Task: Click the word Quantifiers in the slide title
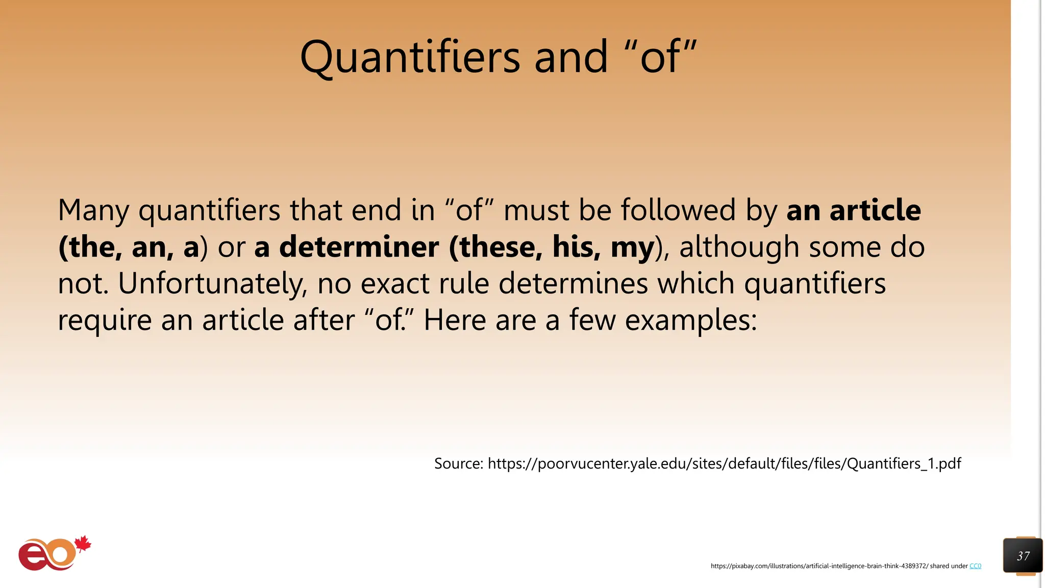pos(410,57)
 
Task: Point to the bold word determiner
pos(359,247)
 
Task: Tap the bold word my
pos(632,248)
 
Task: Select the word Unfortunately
pos(213,284)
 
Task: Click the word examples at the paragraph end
pos(691,321)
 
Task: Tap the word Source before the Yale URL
pos(458,463)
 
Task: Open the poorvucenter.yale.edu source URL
pos(724,463)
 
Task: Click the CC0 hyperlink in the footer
pos(975,566)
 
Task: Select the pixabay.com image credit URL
pos(819,566)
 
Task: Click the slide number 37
pos(1023,556)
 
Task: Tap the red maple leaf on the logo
pos(83,544)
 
